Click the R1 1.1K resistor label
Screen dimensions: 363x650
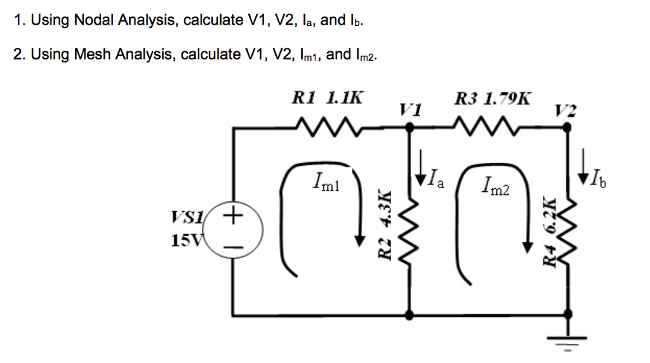[328, 99]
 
